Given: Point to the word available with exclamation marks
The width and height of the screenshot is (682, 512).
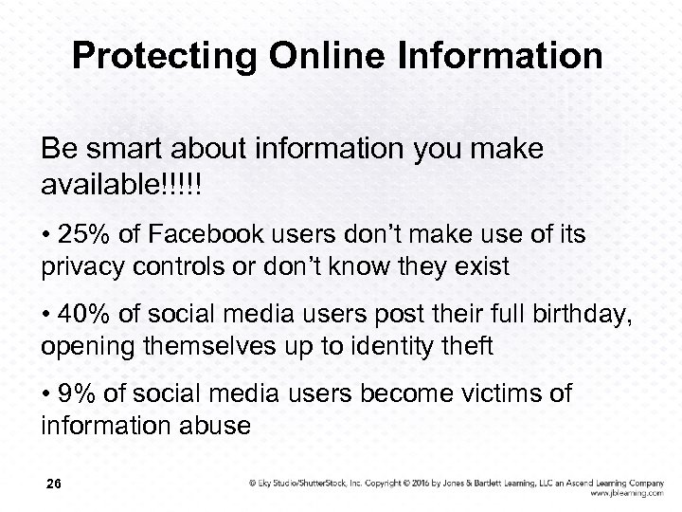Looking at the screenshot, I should point(120,179).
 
